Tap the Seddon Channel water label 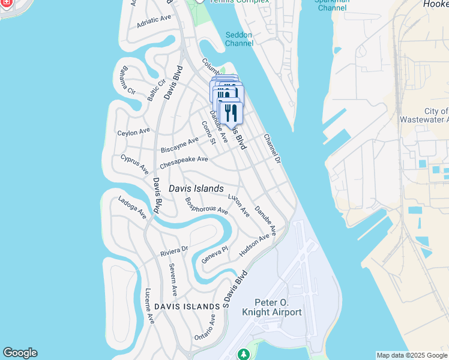(x=239, y=39)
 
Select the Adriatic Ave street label (x=154, y=21)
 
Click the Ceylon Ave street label (x=133, y=132)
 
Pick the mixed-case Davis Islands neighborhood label (x=196, y=188)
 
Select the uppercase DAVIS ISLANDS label (x=187, y=307)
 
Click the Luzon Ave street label (x=238, y=205)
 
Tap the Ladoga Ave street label (x=132, y=208)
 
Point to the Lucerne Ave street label (x=149, y=307)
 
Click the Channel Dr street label (x=272, y=149)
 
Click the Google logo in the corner (x=20, y=353)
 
